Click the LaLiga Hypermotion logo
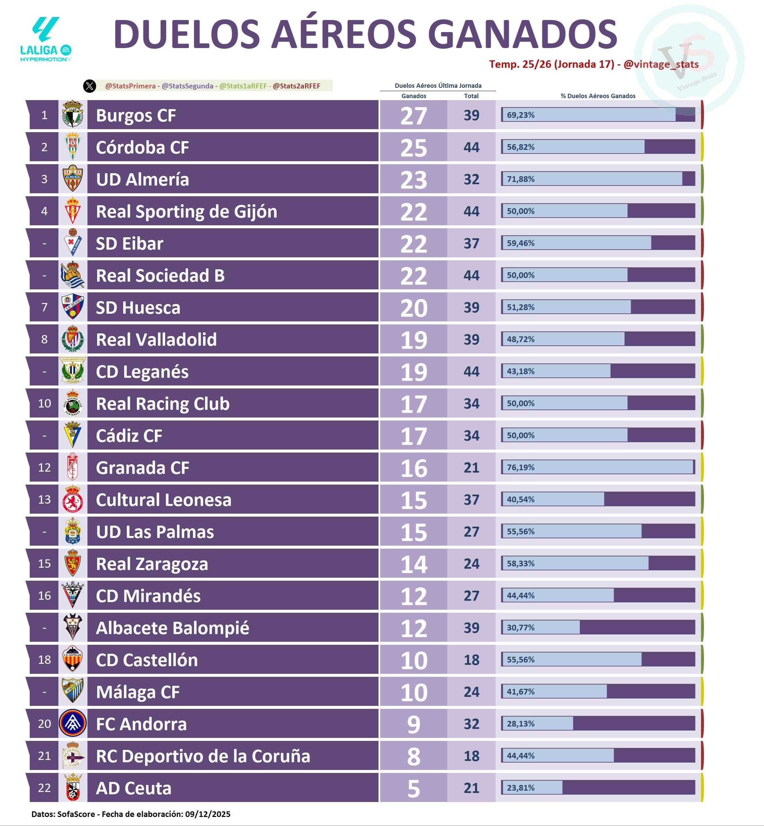click(x=46, y=40)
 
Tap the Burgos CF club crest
click(x=73, y=114)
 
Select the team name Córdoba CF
click(x=142, y=147)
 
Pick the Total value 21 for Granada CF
click(x=471, y=468)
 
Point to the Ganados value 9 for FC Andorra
click(x=414, y=724)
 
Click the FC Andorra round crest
click(x=73, y=724)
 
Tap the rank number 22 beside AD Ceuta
click(x=44, y=788)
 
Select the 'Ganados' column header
click(x=414, y=96)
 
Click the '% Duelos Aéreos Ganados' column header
click(x=598, y=96)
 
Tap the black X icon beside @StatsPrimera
click(x=90, y=86)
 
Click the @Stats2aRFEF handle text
click(x=296, y=86)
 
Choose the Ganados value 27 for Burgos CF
click(x=414, y=116)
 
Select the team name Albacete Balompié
click(x=173, y=628)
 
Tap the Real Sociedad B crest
click(x=73, y=275)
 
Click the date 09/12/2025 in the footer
click(x=208, y=814)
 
